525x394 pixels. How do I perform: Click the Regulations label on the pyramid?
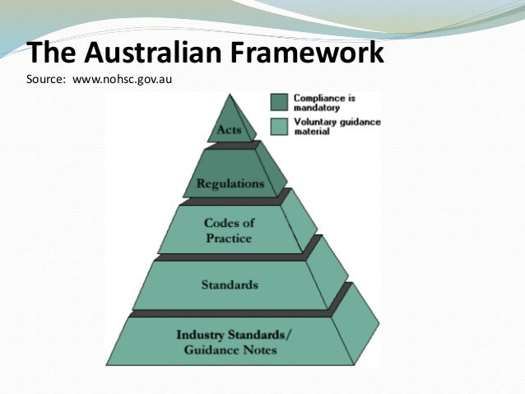coord(230,183)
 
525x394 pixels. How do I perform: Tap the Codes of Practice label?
coord(228,229)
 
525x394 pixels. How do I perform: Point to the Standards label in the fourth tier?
coord(230,285)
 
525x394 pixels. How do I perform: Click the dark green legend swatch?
coord(279,101)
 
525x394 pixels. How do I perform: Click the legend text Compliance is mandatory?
coord(324,102)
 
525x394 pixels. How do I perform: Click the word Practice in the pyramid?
coord(228,238)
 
